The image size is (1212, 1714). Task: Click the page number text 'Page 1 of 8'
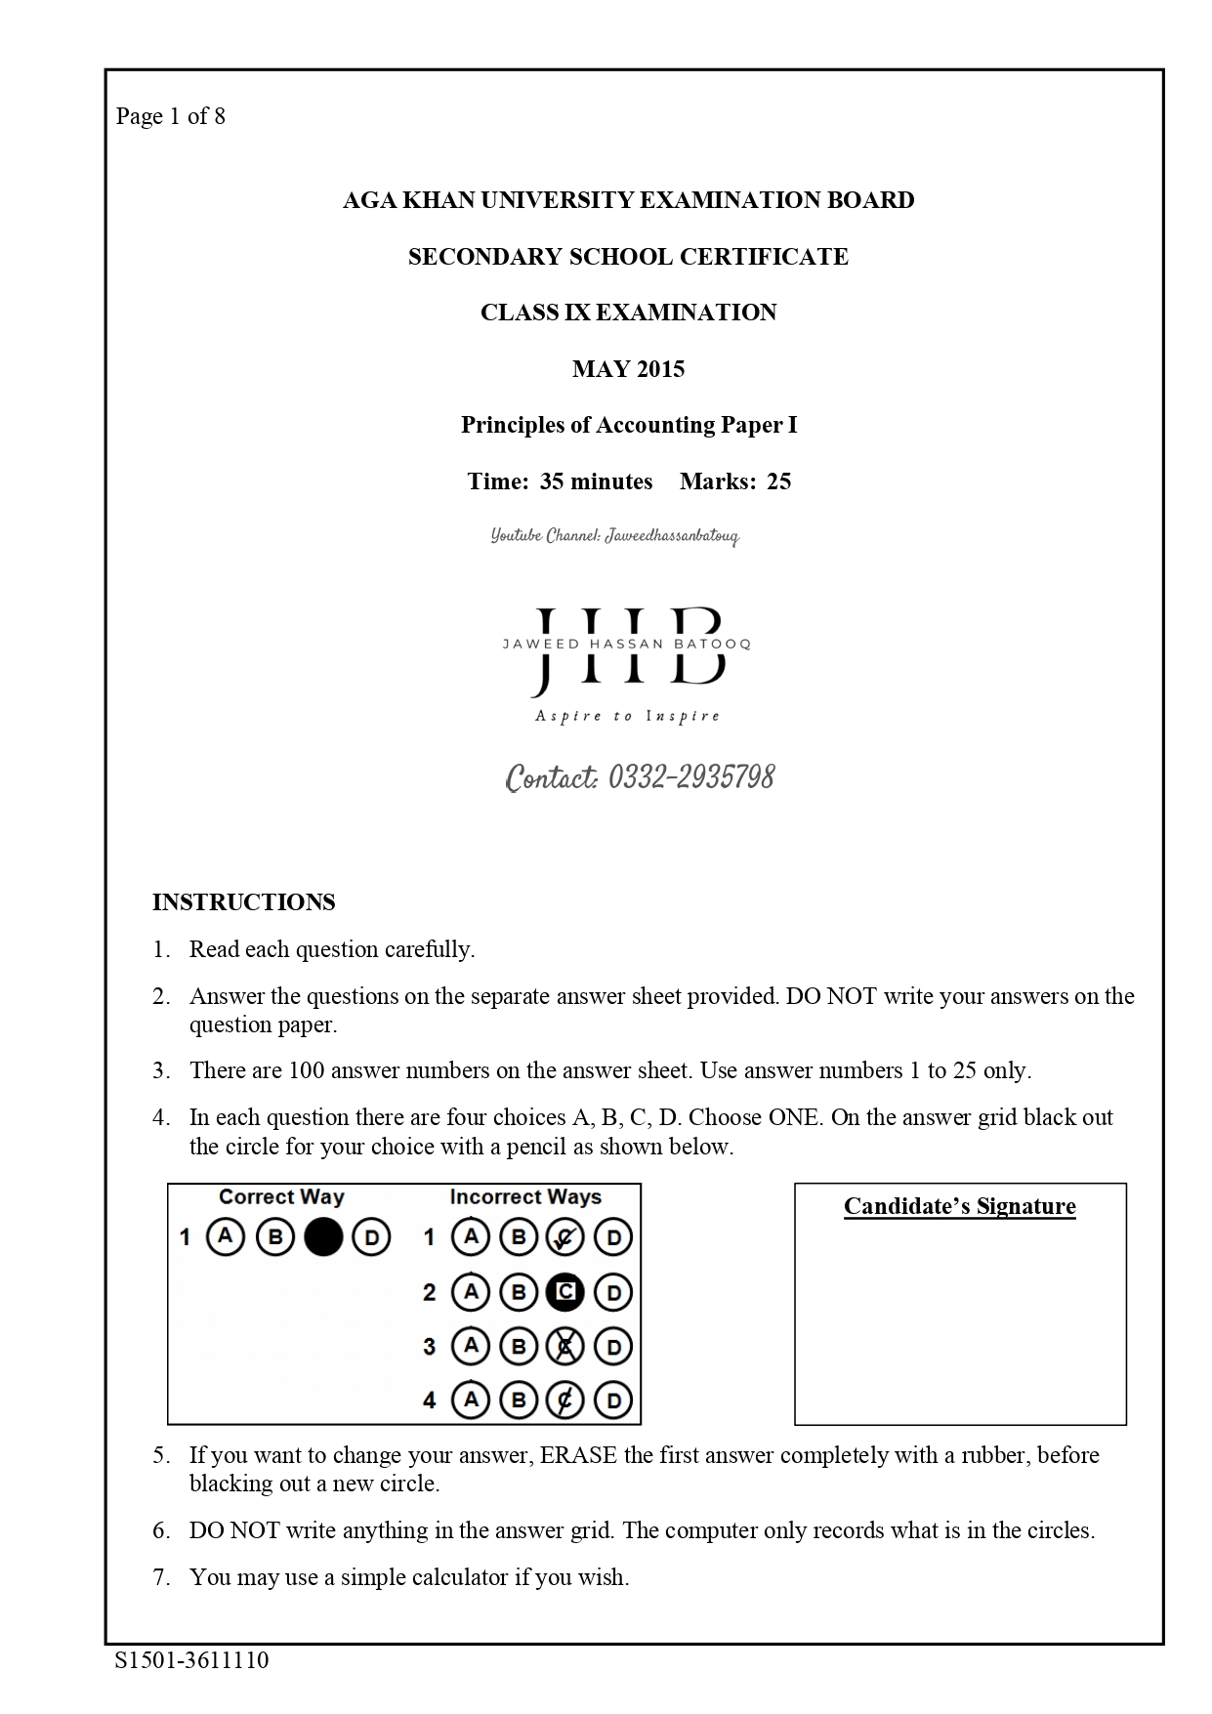pos(171,117)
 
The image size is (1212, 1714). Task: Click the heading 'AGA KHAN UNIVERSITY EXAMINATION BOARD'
pos(628,200)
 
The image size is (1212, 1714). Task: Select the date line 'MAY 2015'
pos(628,369)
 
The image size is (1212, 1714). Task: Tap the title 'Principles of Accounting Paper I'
pos(628,426)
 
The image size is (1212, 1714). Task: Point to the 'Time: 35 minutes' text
pos(560,481)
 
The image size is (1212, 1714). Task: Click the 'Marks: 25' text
pos(735,481)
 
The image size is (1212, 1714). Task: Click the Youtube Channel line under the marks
pos(615,536)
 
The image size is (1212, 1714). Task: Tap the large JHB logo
pos(628,648)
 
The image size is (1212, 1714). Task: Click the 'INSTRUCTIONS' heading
pos(243,902)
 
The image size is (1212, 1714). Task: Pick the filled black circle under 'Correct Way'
pos(323,1237)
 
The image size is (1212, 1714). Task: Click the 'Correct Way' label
pos(281,1197)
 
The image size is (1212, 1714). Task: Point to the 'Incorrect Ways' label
pos(525,1197)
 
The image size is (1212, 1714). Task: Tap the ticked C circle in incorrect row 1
pos(564,1238)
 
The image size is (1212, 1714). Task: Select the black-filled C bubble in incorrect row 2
pos(564,1293)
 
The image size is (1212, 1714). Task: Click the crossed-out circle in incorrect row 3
pos(564,1348)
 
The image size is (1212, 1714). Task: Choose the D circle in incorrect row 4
pos(612,1401)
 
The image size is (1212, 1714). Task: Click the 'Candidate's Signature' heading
pos(959,1207)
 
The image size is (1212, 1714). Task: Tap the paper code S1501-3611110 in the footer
pos(191,1660)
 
